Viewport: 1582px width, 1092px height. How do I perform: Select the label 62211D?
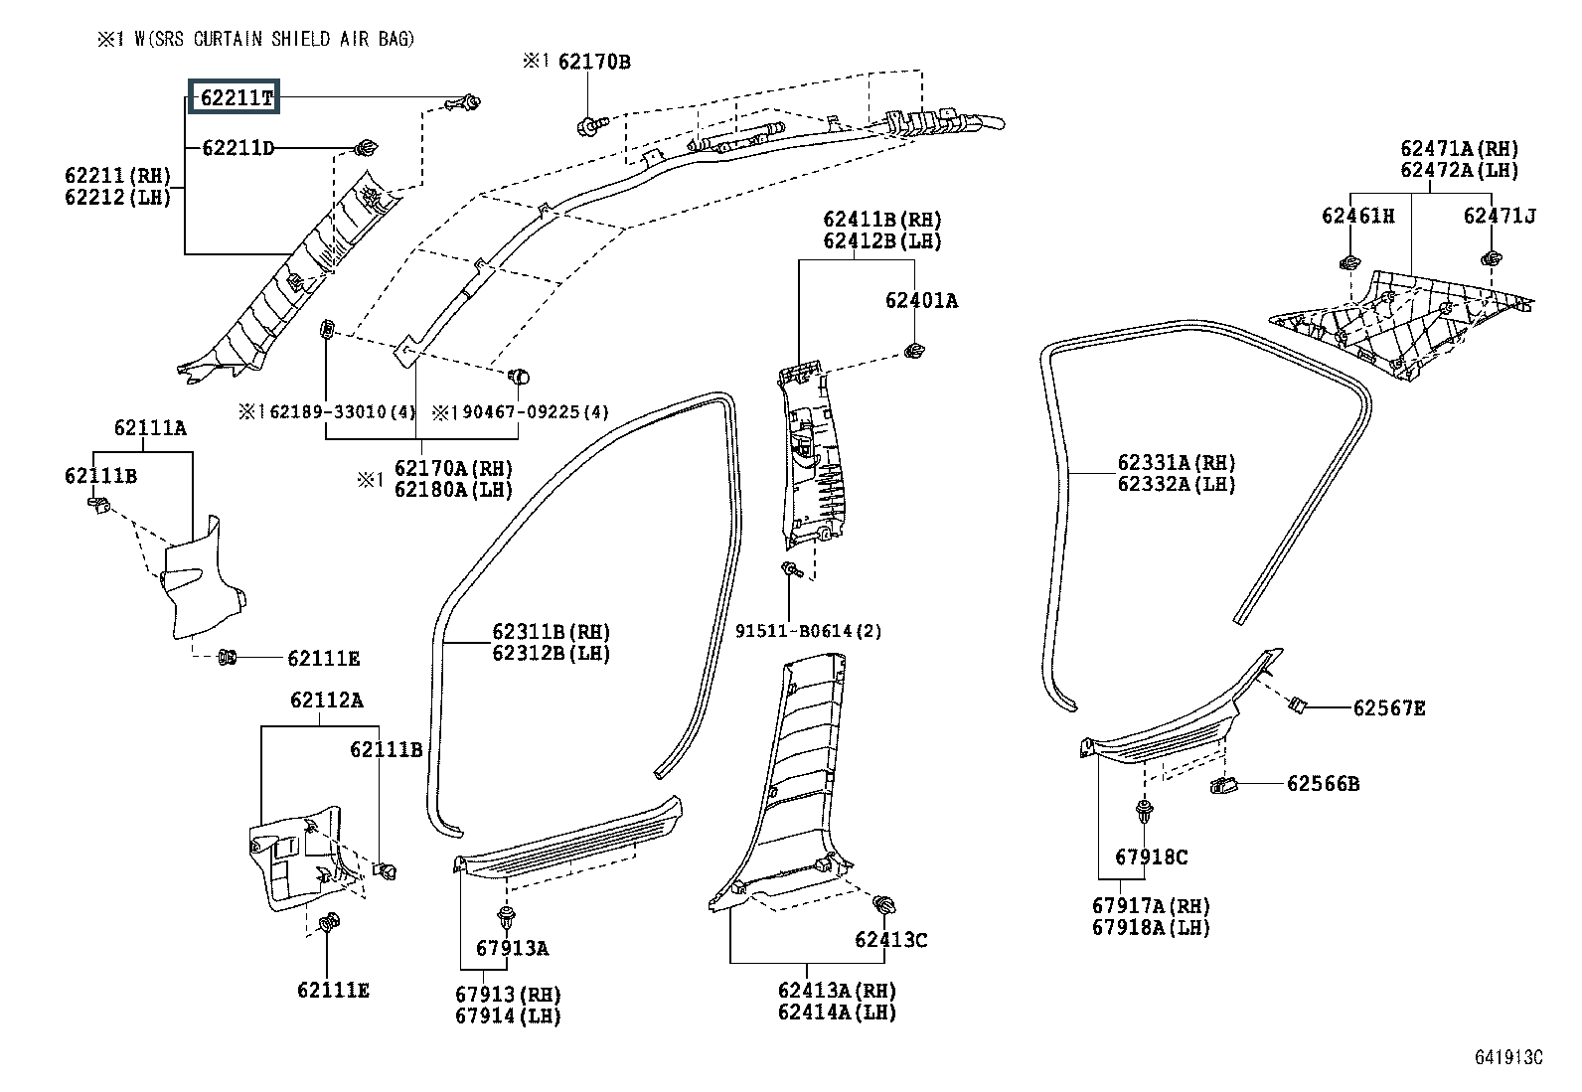(238, 148)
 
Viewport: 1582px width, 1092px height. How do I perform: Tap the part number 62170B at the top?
(594, 62)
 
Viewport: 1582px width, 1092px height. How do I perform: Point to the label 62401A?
(921, 300)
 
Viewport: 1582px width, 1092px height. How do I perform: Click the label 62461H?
(1358, 216)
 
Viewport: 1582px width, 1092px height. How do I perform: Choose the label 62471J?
(1500, 216)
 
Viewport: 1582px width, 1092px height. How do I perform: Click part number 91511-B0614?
(794, 630)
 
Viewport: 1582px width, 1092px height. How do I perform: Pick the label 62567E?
(1389, 707)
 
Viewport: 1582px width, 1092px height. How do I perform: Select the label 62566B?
(1323, 783)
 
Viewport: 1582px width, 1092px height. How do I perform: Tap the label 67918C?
(1151, 857)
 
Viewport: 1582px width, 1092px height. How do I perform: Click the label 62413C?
(890, 939)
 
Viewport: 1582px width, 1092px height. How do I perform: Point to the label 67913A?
(512, 948)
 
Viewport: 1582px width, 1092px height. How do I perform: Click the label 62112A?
(326, 700)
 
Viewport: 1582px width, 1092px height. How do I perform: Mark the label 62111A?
(150, 427)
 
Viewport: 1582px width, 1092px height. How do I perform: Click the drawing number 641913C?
(1508, 1056)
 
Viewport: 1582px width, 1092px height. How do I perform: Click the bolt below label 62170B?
(592, 127)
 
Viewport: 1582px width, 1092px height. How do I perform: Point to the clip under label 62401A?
(914, 351)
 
